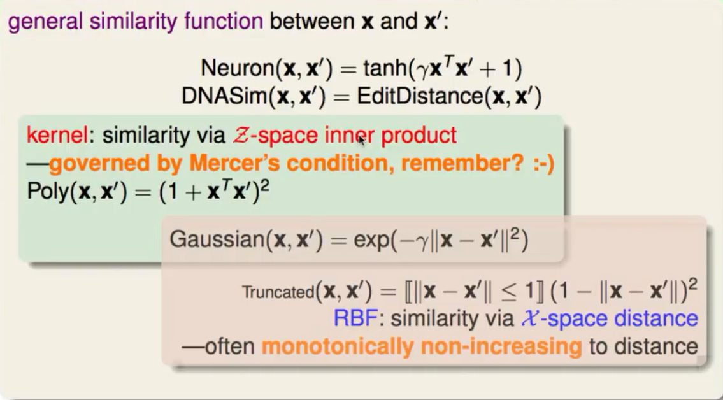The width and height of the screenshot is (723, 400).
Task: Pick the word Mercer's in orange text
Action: [x=243, y=164]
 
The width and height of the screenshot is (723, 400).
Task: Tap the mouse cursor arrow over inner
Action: [x=362, y=139]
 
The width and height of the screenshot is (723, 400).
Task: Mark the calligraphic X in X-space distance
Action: [x=527, y=318]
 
